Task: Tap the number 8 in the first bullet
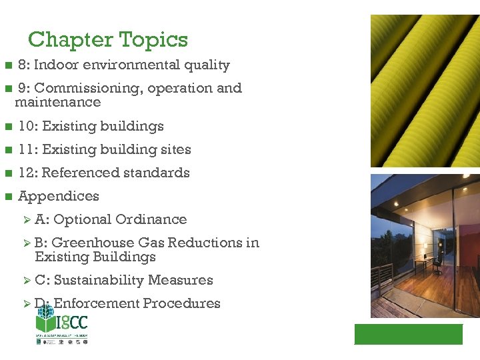[22, 65]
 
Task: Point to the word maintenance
[58, 103]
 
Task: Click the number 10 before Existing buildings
[26, 126]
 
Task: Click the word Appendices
[59, 197]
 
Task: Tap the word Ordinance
[151, 219]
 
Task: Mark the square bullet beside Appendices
[8, 197]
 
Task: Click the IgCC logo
[61, 327]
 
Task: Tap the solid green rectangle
[408, 334]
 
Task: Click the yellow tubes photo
[425, 91]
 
